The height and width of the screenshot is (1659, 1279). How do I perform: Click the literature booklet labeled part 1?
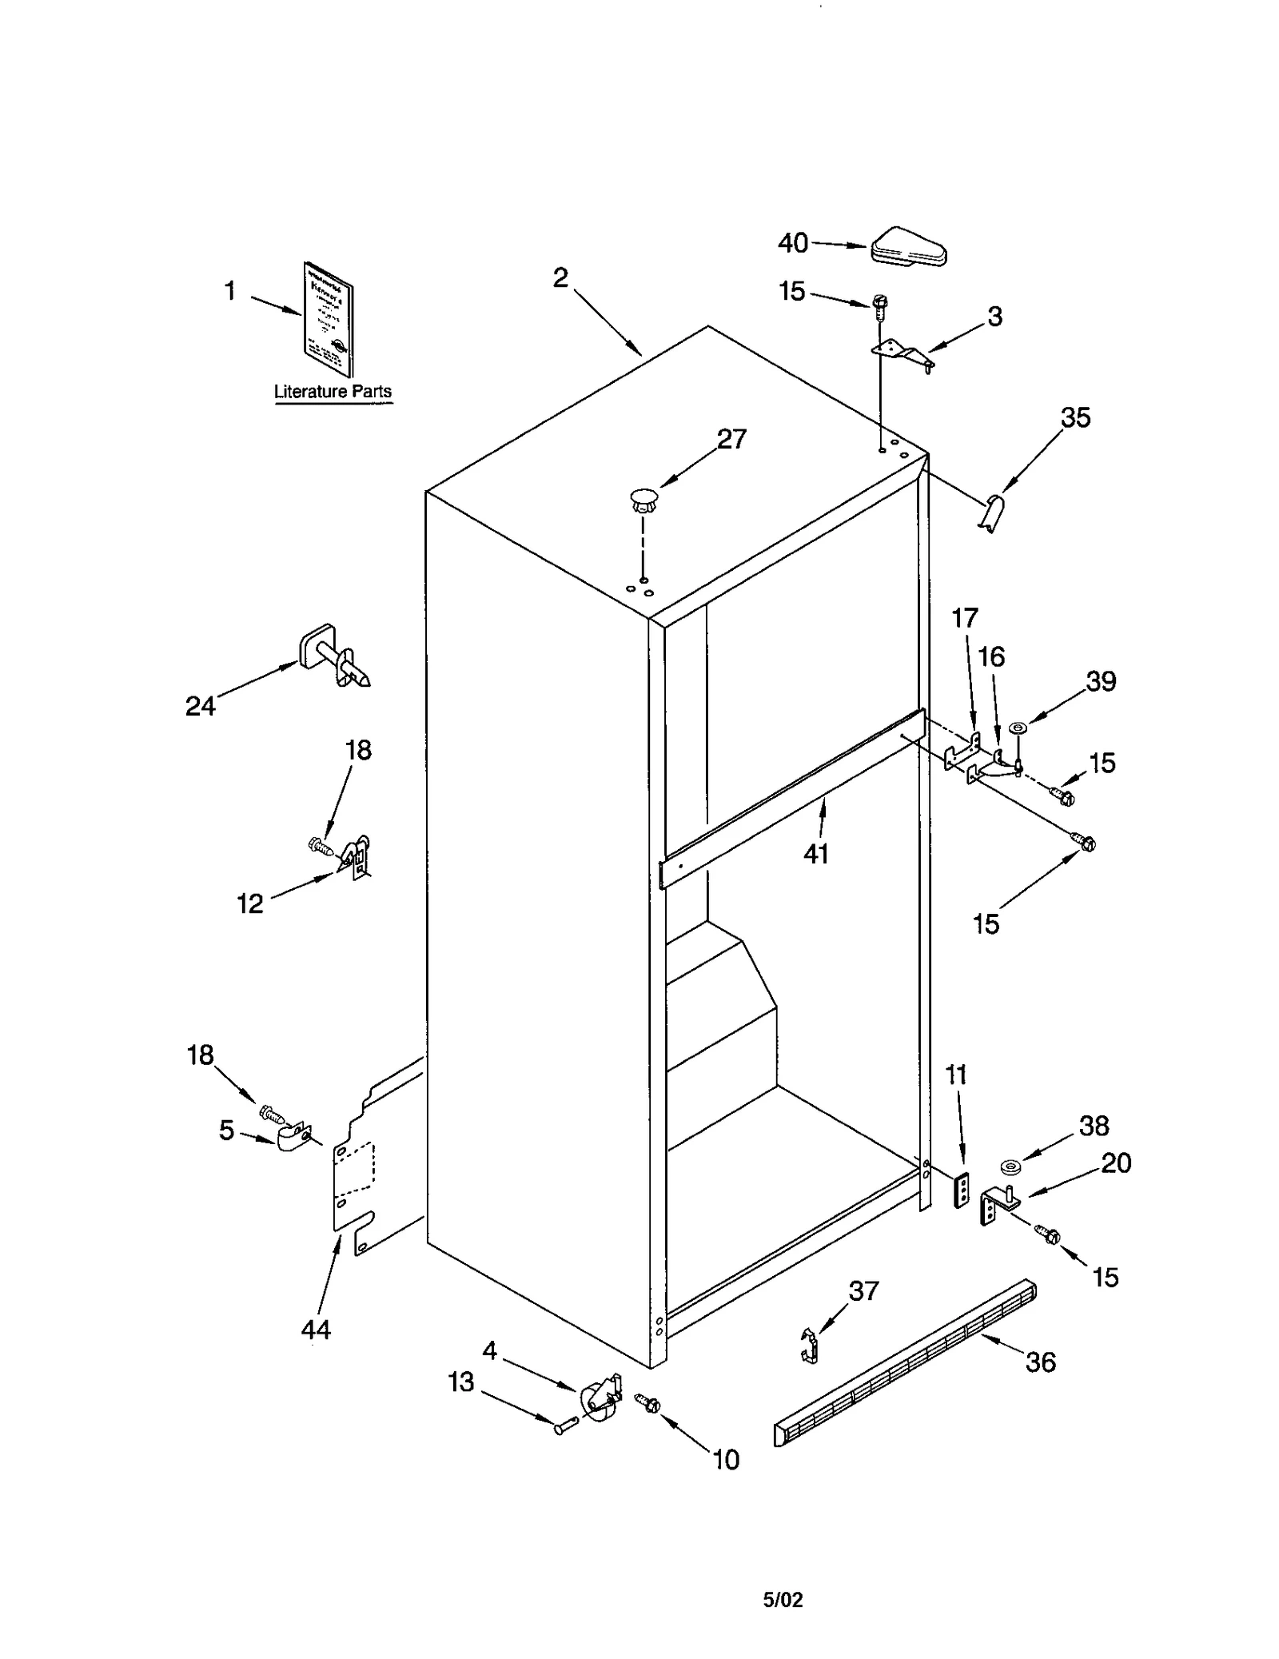[x=329, y=320]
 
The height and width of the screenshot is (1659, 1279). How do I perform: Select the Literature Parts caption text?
[x=333, y=391]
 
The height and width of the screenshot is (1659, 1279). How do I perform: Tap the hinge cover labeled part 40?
[x=909, y=247]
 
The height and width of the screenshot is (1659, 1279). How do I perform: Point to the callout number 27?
[x=731, y=439]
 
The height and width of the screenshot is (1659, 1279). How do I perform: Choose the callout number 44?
[x=316, y=1330]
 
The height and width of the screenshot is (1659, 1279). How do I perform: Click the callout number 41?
[x=816, y=854]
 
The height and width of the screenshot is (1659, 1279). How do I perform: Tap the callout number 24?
[x=201, y=706]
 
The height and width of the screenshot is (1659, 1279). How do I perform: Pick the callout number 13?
[x=461, y=1382]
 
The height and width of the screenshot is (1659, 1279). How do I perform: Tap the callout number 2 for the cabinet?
[x=560, y=278]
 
